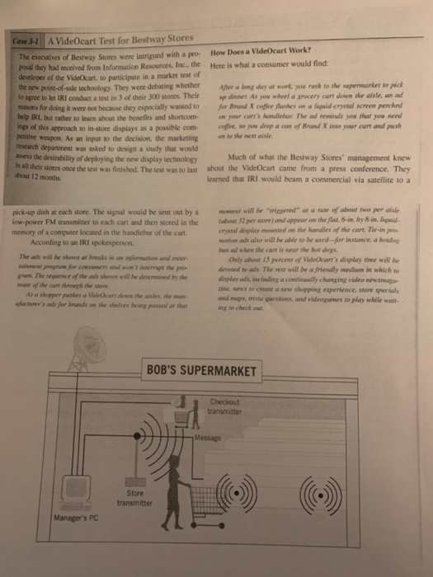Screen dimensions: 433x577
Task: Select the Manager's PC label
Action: tap(71, 518)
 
